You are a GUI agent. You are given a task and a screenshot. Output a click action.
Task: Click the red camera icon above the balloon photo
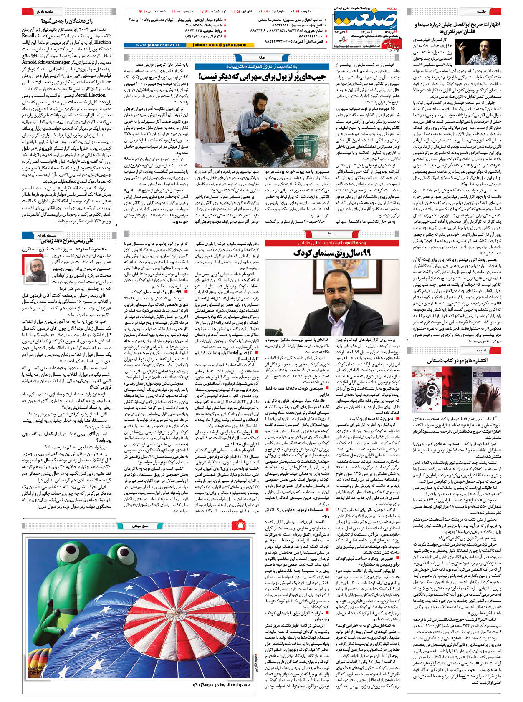(239, 524)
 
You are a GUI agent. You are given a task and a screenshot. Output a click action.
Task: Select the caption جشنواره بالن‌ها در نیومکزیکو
(221, 684)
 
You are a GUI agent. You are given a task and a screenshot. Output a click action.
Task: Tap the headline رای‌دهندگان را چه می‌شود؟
(67, 21)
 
